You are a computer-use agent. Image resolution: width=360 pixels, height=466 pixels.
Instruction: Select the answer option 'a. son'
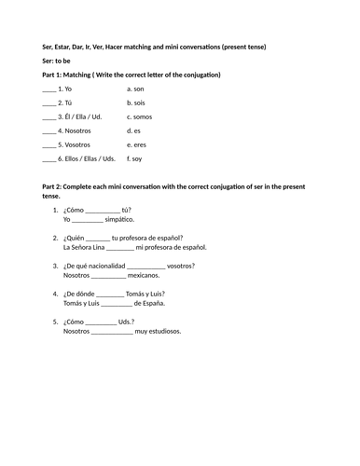tap(137, 89)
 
